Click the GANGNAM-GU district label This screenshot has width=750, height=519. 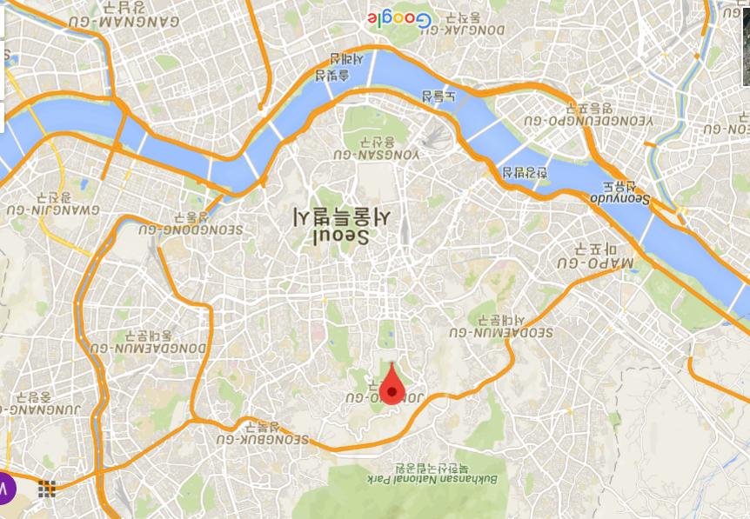[140, 21]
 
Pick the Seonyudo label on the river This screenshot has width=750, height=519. [620, 197]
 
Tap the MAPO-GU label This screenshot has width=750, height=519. [596, 262]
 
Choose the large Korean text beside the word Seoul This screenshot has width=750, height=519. [342, 216]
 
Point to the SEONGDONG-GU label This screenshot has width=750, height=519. [192, 230]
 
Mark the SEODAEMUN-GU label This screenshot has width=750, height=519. [501, 332]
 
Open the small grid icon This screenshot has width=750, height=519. [47, 489]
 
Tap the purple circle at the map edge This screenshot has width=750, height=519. [4, 489]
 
